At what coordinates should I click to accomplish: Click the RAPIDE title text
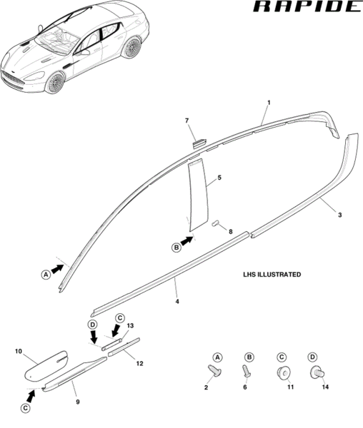pos(307,6)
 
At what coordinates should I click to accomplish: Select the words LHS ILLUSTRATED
pos(272,275)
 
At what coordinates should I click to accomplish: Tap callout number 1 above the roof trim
pos(269,103)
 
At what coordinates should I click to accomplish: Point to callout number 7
pos(187,121)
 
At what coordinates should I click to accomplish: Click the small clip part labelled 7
pos(200,143)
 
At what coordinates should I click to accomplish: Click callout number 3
pos(339,215)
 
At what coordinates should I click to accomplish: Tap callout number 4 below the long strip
pos(177,302)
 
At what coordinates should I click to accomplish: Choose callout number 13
pos(130,326)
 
